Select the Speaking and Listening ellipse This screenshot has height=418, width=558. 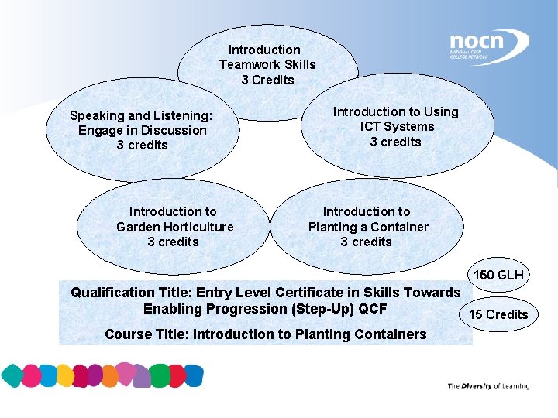point(142,130)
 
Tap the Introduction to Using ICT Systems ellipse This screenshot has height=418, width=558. point(396,127)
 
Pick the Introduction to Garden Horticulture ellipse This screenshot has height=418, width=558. point(174,227)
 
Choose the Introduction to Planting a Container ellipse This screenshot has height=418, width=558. point(367,227)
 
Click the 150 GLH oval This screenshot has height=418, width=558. point(498,275)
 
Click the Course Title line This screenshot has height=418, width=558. point(265,334)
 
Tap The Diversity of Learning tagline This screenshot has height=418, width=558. point(488,386)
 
